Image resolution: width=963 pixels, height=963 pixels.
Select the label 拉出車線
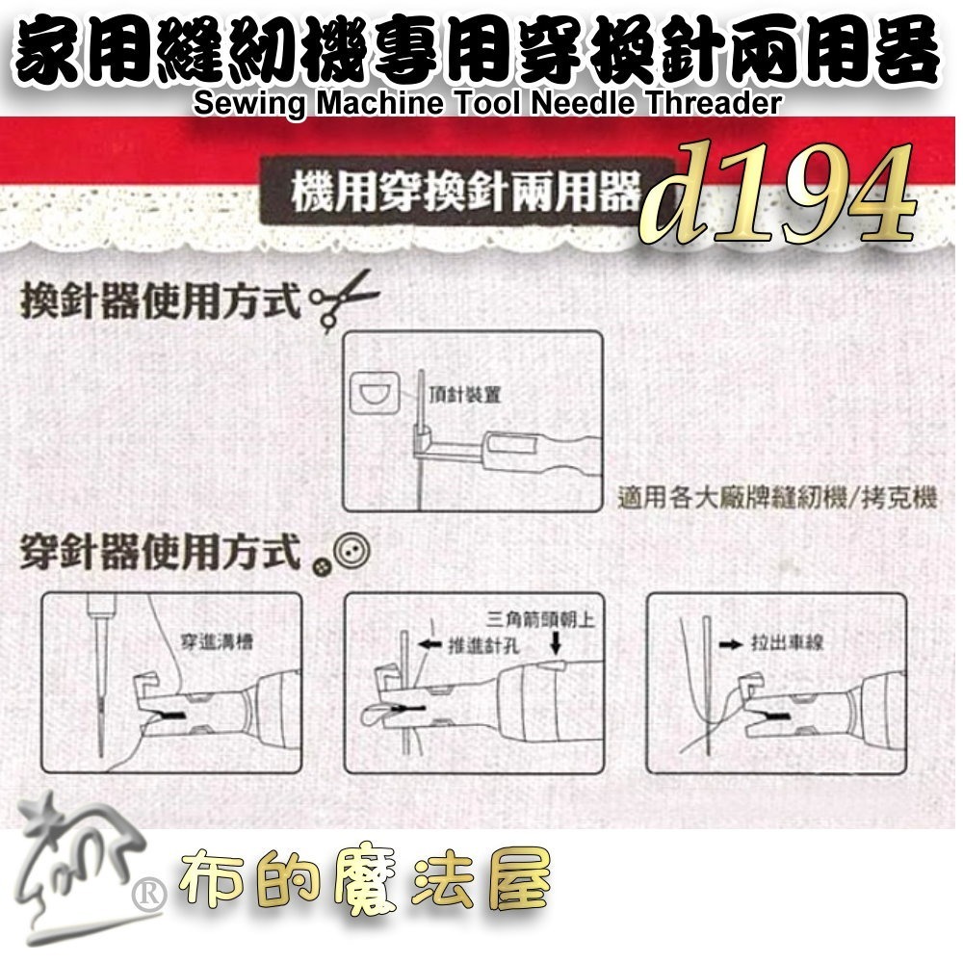point(790,642)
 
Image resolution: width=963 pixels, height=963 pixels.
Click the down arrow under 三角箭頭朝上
point(557,642)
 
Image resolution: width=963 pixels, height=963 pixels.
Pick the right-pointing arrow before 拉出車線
point(735,642)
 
